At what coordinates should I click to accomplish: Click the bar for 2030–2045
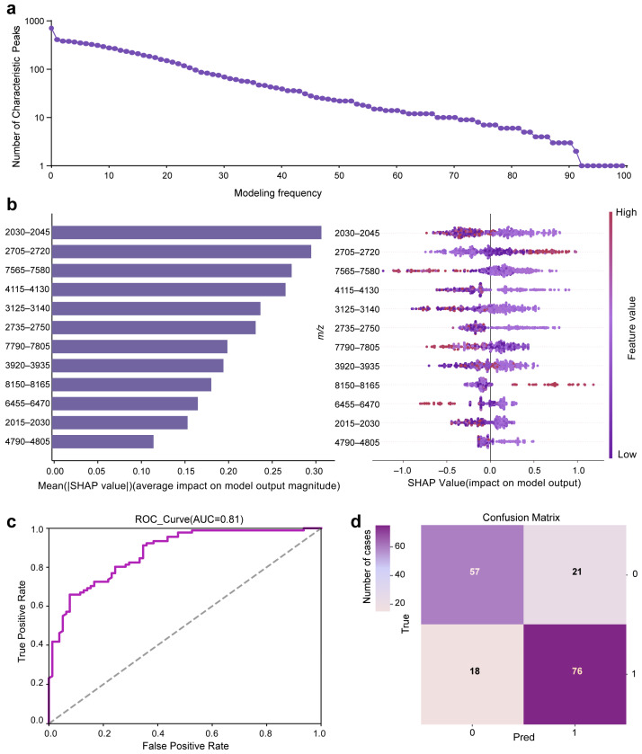point(187,232)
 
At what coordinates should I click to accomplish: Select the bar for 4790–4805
point(103,441)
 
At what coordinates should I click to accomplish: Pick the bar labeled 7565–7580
point(172,271)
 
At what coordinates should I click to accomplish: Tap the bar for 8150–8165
point(132,385)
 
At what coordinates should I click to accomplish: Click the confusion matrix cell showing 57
point(472,574)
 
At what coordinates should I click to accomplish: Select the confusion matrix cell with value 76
point(575,674)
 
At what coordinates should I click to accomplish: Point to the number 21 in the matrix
point(577,572)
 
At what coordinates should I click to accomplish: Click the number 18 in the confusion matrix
point(475,670)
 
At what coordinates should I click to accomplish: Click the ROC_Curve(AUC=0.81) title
point(189,519)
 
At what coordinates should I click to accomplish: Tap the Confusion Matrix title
point(522,518)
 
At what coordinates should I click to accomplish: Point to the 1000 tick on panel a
point(34,22)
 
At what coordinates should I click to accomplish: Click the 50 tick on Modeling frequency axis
point(339,175)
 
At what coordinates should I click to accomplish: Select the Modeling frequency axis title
point(278,193)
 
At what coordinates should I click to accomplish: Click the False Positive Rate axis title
point(185,746)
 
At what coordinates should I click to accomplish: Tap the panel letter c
point(12,522)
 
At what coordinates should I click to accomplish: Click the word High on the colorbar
point(626,212)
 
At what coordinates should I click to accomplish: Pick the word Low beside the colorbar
point(627,455)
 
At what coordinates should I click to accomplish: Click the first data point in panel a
point(51,29)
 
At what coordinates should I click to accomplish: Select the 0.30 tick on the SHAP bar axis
point(315,471)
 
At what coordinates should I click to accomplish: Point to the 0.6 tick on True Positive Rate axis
point(37,606)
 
